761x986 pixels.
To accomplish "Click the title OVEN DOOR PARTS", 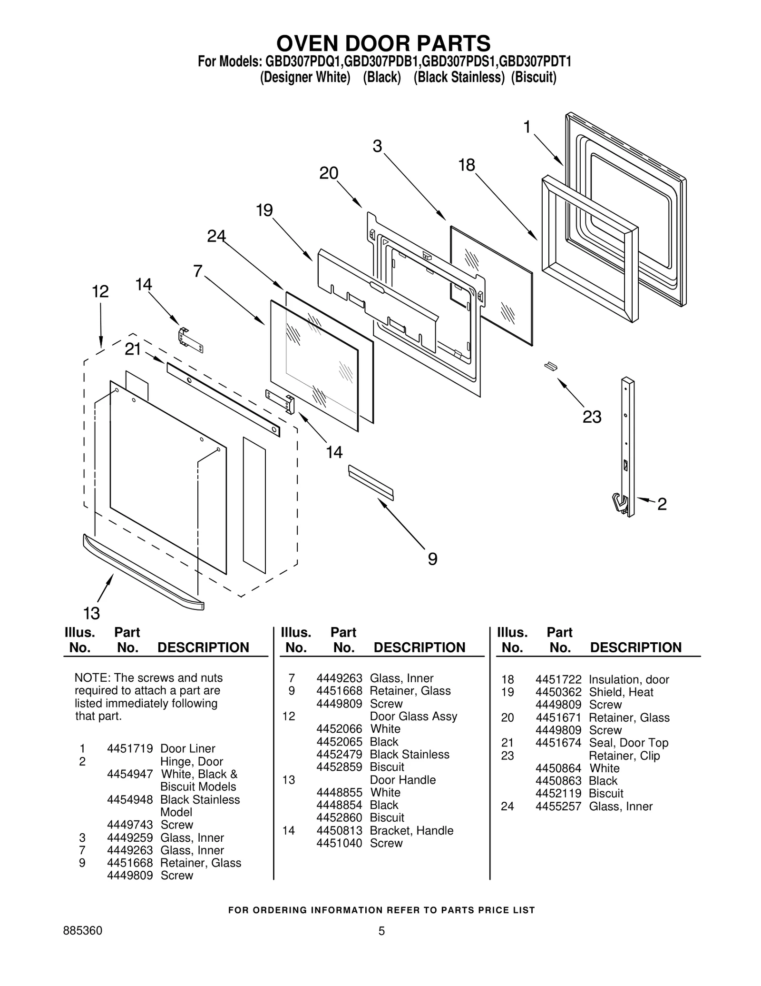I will (x=383, y=43).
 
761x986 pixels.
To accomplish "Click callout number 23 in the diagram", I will (x=592, y=417).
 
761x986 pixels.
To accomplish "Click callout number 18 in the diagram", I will (x=467, y=165).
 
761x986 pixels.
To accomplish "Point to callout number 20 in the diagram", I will (x=329, y=173).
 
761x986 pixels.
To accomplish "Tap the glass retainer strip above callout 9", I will (x=371, y=482).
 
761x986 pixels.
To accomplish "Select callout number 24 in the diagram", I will (x=216, y=236).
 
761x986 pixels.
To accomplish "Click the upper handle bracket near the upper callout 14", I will (x=190, y=340).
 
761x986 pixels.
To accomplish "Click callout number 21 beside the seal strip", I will (x=133, y=349).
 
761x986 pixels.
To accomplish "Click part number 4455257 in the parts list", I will (x=558, y=807).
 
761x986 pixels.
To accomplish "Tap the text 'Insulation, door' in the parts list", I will (x=629, y=679).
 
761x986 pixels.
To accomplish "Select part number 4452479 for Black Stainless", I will (x=339, y=755).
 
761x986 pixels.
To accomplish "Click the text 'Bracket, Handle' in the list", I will (x=411, y=831).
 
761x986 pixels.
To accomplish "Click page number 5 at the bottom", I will (x=381, y=945).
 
